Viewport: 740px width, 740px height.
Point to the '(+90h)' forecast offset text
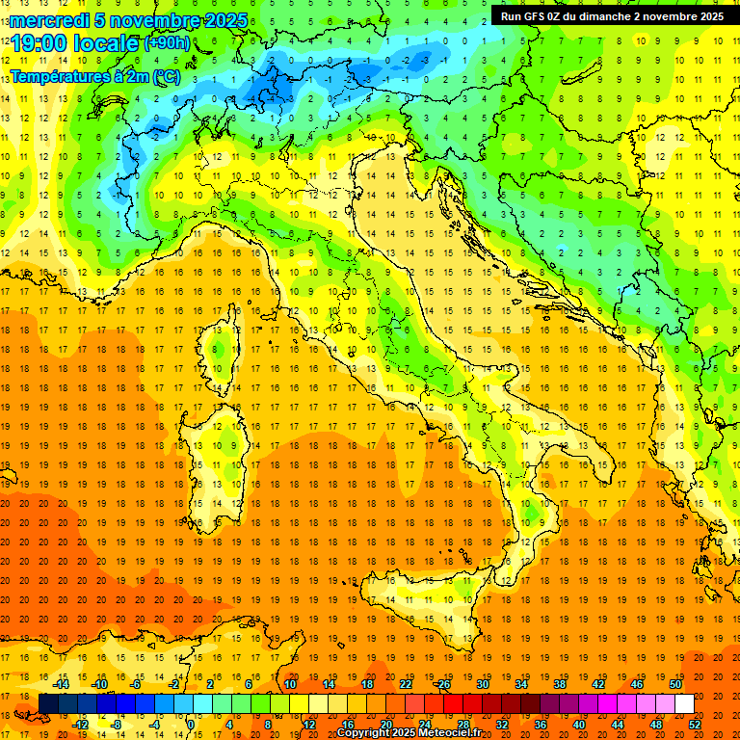pos(167,42)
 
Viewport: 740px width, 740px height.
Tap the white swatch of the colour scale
pos(684,704)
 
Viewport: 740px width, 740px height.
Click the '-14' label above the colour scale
pos(63,684)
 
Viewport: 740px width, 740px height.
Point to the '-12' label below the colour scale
pos(81,725)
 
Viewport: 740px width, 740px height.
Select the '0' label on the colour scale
pos(192,725)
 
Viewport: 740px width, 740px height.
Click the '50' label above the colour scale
pos(675,684)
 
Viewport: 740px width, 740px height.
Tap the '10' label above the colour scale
pos(289,684)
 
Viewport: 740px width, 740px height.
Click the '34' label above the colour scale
pos(520,684)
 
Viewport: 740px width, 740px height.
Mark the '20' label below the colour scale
pos(385,725)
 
